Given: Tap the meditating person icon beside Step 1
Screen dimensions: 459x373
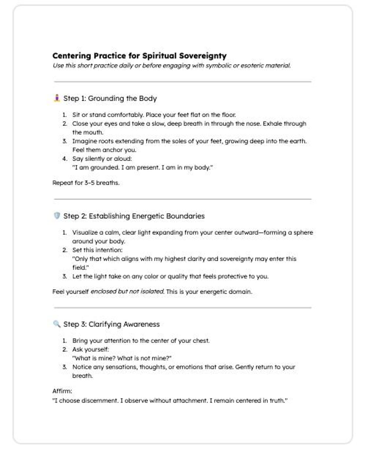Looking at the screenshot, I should pos(57,98).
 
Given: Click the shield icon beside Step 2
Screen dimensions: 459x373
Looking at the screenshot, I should pos(57,216).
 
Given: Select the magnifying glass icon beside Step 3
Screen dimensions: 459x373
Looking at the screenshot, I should pos(57,324).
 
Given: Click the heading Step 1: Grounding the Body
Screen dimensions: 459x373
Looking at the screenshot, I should pos(110,98).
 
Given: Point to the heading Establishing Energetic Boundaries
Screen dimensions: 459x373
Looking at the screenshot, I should pos(147,216).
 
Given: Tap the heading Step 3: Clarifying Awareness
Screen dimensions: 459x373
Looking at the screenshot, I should pos(111,324).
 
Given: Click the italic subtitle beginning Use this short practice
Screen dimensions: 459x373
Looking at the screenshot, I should pos(171,66).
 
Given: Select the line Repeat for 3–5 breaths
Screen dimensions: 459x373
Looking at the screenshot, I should pos(86,183).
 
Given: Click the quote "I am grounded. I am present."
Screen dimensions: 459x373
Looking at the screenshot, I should pos(142,167).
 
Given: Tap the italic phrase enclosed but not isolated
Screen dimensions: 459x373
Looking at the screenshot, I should pos(127,292).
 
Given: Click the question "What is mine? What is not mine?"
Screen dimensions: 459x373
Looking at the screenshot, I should pos(122,358).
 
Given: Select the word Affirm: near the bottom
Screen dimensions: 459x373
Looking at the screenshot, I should pos(62,391).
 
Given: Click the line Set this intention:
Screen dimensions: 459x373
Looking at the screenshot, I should pos(97,250).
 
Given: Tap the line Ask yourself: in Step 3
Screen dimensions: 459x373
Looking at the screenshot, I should pos(90,349).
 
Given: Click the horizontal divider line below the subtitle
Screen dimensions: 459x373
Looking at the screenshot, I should pos(183,82).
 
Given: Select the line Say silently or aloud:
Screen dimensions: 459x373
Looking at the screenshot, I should pos(102,159).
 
